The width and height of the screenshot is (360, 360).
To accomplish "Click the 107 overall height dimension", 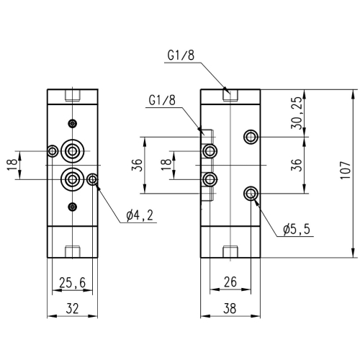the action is pos(345,170).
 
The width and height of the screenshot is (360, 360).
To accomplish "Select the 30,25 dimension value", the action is pos(296,113).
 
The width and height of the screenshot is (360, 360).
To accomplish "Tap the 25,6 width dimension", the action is pos(72,282).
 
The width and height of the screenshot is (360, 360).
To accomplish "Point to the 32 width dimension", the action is pos(72,308).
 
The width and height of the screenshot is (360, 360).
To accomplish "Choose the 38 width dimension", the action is pos(230,308).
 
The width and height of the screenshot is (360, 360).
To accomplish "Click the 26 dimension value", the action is pos(230,282).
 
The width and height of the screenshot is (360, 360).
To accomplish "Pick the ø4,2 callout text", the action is pos(140,215).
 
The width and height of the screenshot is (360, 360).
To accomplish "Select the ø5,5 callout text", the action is pos(297,229).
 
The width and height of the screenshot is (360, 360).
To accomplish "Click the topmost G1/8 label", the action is pos(181,55).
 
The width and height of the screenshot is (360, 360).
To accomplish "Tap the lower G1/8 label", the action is pos(162,100).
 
